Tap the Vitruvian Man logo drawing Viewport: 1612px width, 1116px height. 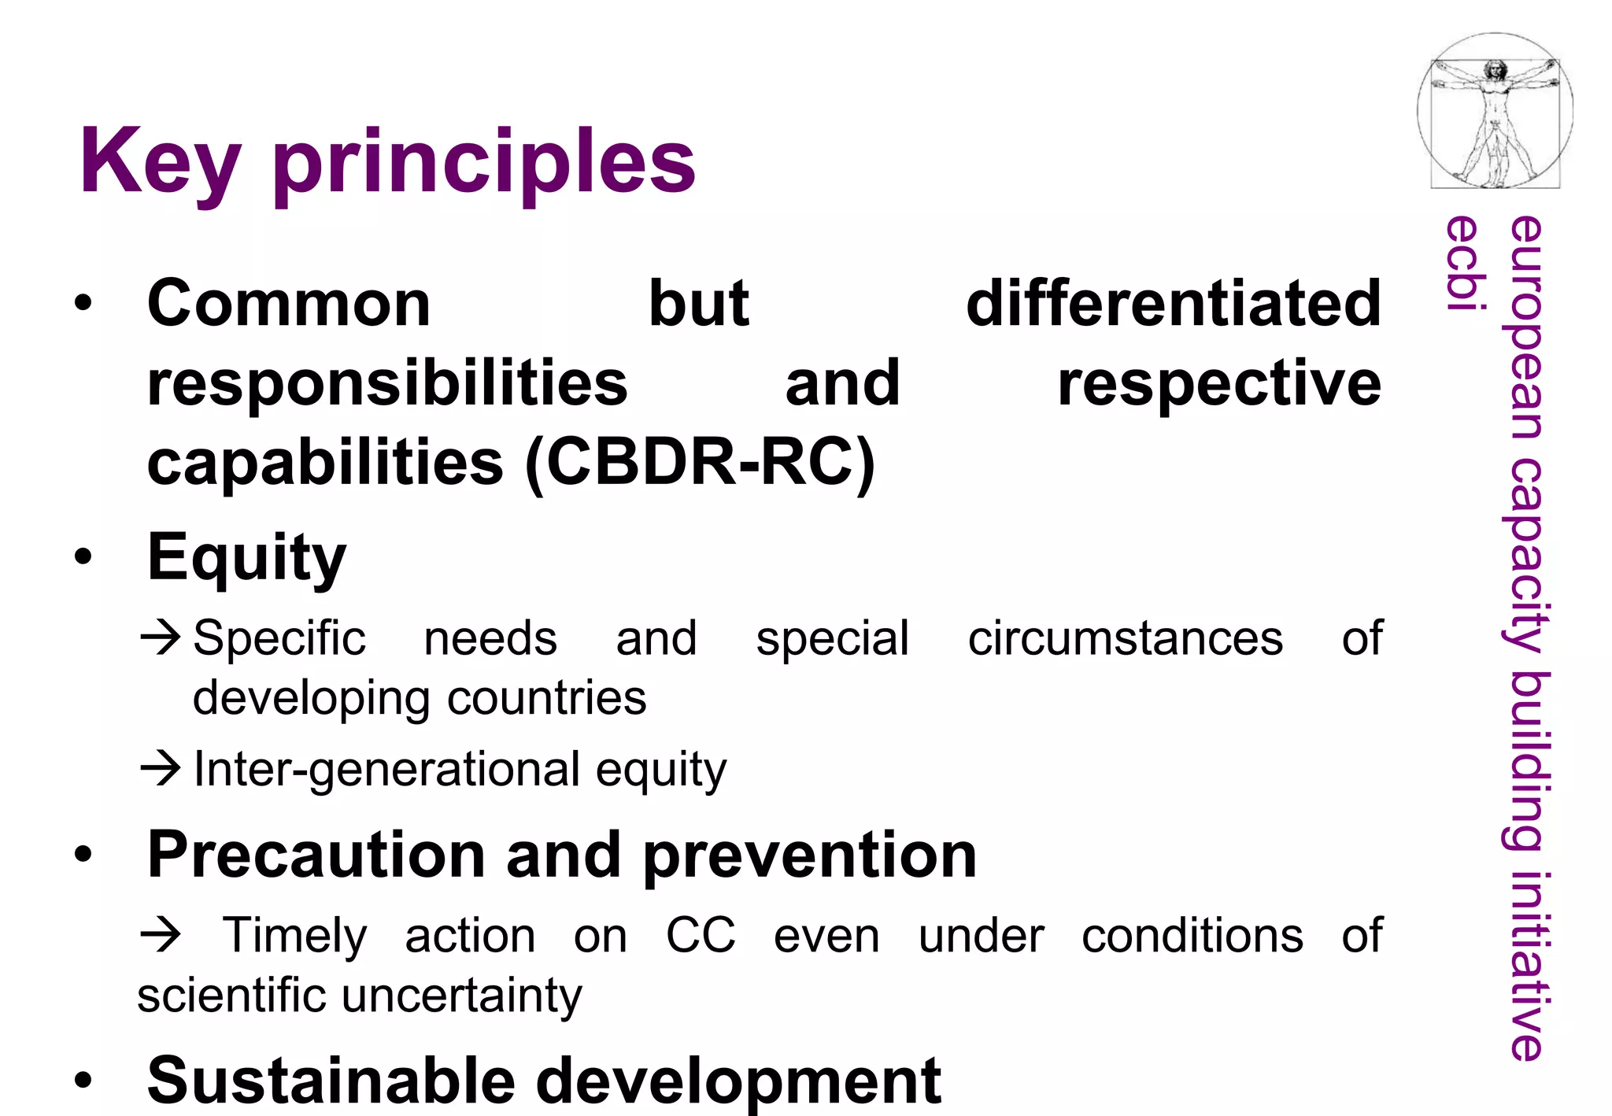(x=1495, y=111)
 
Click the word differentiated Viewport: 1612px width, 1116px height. (x=1173, y=304)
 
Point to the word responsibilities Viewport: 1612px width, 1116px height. (x=387, y=383)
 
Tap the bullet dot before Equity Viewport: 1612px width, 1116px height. (x=83, y=557)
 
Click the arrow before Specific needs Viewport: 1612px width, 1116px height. (x=161, y=637)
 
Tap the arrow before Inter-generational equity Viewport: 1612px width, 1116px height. (x=161, y=768)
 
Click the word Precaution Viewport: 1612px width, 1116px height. (x=316, y=855)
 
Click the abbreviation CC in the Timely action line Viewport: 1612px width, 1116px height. (x=700, y=936)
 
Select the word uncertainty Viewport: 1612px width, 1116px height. (x=462, y=996)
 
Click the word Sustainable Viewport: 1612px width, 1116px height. (x=331, y=1081)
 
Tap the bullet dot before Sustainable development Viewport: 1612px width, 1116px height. (x=83, y=1081)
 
